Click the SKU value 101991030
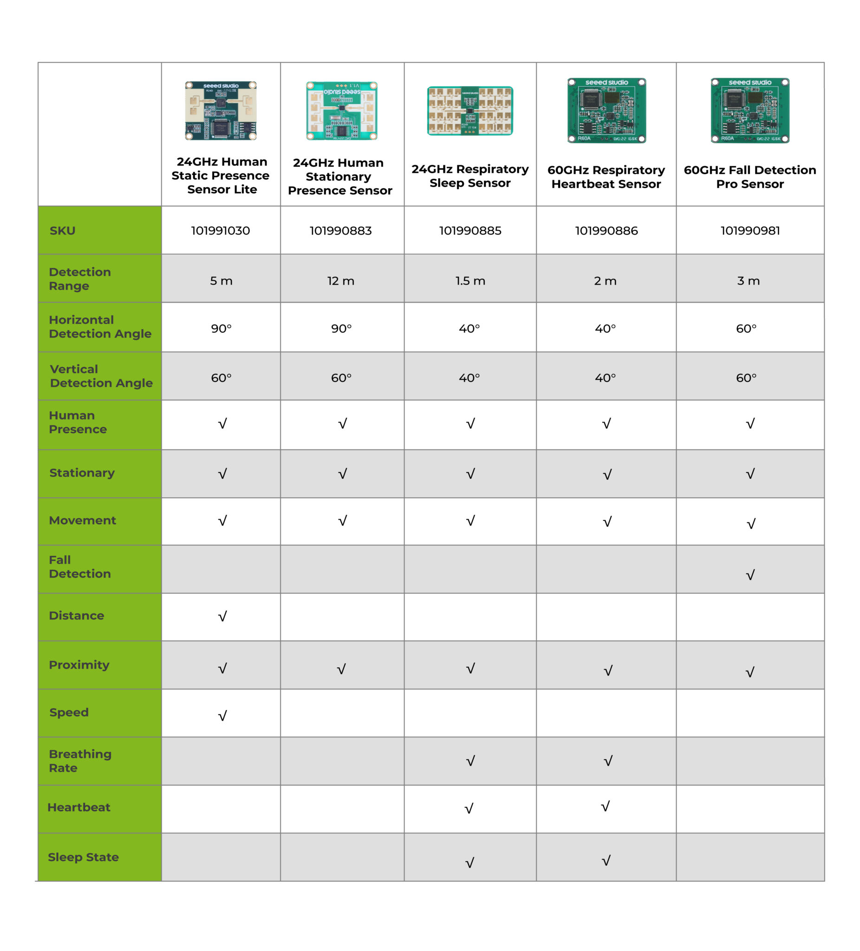pos(220,231)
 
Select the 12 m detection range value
pos(340,281)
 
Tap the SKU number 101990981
pos(749,231)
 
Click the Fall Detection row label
pos(80,567)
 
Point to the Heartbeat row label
pos(79,807)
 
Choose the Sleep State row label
pos(83,857)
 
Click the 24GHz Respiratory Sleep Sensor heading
pos(470,176)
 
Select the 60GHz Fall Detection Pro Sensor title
pos(749,177)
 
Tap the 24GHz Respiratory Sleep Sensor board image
pos(470,111)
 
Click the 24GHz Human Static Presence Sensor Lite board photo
pos(221,111)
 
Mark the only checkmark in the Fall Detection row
pos(750,574)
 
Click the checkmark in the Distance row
pos(222,616)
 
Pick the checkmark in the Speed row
pos(222,716)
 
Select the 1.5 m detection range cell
pos(470,281)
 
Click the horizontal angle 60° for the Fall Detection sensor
pos(746,328)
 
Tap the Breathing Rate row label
pos(80,761)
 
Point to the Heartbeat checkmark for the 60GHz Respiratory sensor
pos(605,806)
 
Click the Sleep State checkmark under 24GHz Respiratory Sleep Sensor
pos(469,862)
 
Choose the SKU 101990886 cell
pos(606,231)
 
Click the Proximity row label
pos(79,664)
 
